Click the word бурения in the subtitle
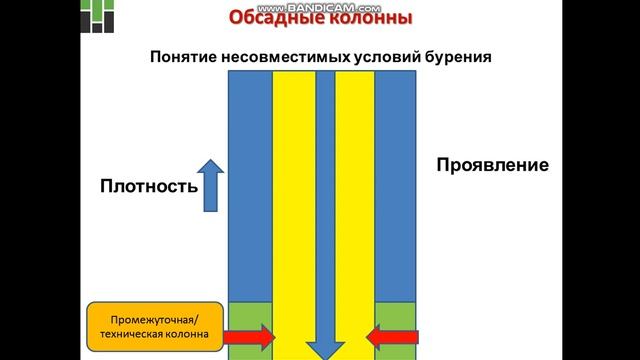click(457, 56)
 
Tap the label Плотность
click(143, 186)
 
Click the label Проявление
click(492, 165)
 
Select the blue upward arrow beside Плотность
click(209, 184)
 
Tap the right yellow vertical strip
click(354, 200)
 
